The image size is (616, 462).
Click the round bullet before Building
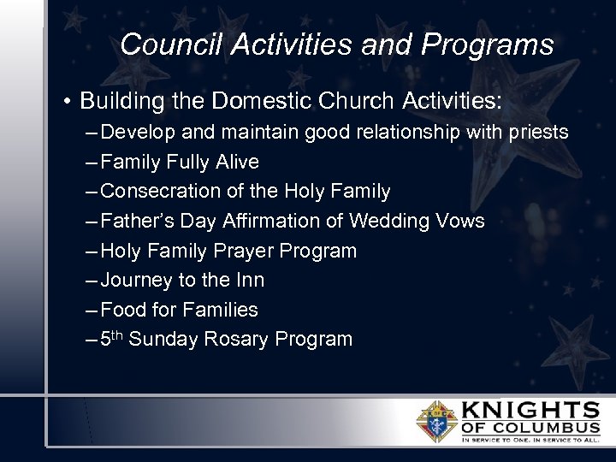coord(66,102)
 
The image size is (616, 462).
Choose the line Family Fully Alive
coord(179,162)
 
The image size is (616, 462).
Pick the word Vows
coord(461,221)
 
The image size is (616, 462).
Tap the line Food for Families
coord(179,310)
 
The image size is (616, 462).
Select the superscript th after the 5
coord(117,335)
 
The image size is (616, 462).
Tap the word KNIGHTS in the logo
coord(530,409)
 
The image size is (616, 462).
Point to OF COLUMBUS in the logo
coord(530,428)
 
